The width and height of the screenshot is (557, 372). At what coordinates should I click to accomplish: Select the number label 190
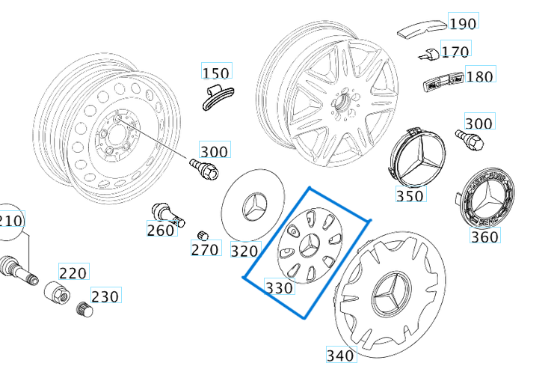pos(462,23)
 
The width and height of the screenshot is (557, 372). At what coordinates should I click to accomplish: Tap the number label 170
pos(455,51)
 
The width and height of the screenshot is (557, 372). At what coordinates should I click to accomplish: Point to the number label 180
pos(479,76)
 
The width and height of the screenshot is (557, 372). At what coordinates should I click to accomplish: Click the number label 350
pos(410,195)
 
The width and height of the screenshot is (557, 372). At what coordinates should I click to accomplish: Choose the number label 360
pos(484,237)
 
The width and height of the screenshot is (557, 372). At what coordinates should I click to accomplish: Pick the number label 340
pos(341,354)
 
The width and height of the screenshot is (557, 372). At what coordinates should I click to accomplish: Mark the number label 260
pos(161,230)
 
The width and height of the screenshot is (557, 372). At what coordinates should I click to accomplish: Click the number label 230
pos(105,296)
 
